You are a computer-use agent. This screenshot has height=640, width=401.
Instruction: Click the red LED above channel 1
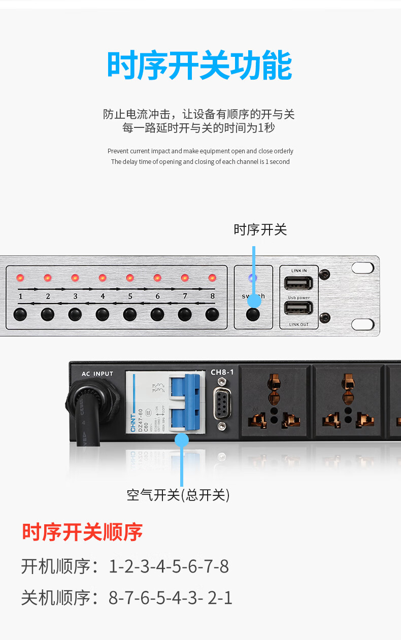20,278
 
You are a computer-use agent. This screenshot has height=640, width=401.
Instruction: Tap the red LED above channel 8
212,278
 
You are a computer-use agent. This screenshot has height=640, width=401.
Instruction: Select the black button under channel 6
157,314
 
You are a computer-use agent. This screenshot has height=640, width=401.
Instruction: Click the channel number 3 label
75,296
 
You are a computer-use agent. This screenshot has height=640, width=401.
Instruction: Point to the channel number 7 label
185,296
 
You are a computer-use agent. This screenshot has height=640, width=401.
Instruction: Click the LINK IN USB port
298,283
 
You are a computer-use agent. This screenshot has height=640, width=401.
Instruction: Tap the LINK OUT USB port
298,308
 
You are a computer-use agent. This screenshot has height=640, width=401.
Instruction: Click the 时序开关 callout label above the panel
260,230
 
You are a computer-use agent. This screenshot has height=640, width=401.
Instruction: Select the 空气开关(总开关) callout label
178,495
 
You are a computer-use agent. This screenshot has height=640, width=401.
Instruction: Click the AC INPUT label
97,374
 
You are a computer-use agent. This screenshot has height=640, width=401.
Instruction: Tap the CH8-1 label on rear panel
222,372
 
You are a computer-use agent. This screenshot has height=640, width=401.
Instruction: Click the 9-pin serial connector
222,404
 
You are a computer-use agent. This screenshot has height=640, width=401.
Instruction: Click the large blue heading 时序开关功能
200,65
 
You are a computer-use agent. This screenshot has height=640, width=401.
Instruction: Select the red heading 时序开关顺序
82,532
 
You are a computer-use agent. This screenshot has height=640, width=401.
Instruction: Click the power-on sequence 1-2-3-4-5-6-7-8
169,566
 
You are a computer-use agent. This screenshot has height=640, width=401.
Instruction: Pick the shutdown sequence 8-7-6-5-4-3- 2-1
171,598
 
